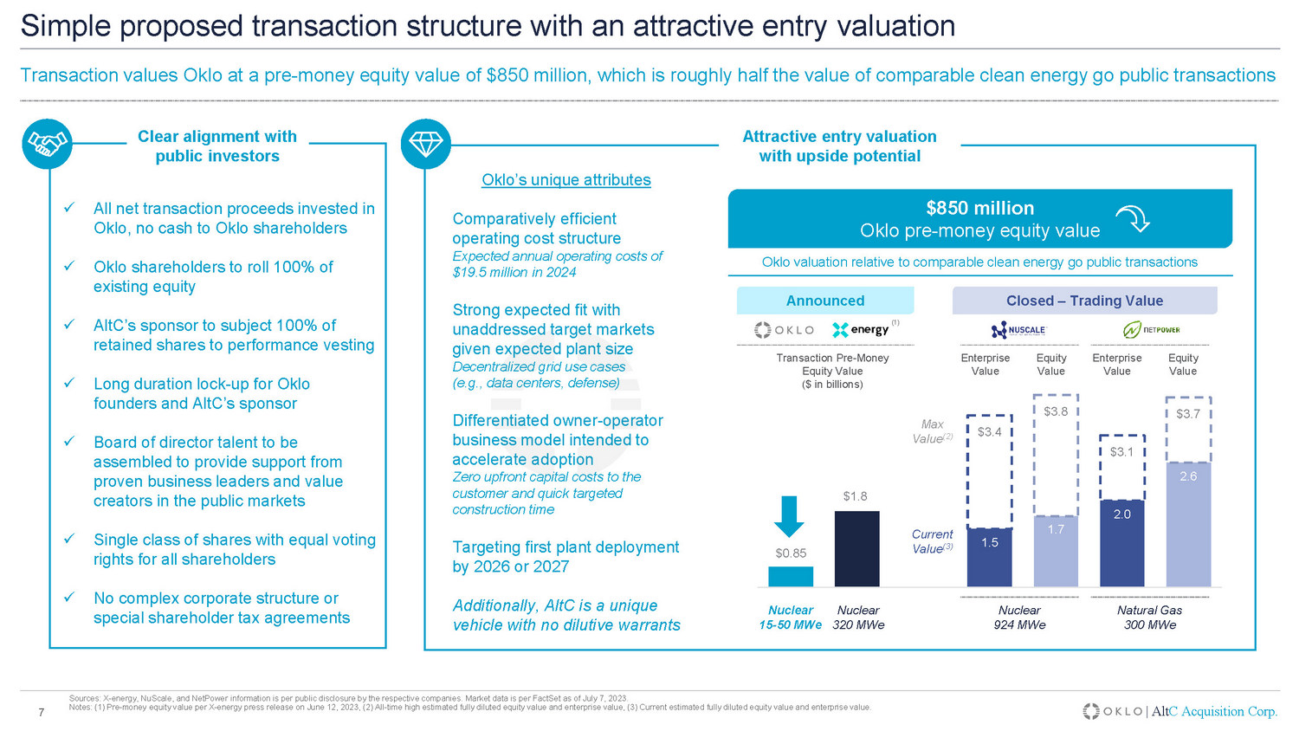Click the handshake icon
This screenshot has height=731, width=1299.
47,144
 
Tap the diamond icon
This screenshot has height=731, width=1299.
426,144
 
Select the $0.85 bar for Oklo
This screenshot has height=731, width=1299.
791,576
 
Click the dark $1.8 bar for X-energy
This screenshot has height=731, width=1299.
856,548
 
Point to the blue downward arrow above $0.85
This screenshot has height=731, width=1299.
789,516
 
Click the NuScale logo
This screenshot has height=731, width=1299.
1018,330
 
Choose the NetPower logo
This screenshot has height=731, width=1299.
1151,330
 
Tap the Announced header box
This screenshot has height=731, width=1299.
824,301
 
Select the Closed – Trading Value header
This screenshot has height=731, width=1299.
1084,301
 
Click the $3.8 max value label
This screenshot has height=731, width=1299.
1056,411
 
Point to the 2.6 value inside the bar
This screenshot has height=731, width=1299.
1188,476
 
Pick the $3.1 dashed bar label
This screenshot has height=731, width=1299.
1121,452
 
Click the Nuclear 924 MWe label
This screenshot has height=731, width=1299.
1019,618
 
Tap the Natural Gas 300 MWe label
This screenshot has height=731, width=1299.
1149,618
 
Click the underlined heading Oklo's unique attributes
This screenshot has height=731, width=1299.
565,180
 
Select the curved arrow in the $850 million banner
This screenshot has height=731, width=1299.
1133,219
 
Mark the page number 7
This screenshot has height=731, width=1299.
41,713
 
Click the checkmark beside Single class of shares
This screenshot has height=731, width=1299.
68,540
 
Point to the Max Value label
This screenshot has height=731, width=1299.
932,431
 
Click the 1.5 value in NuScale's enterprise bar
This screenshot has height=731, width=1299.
990,542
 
